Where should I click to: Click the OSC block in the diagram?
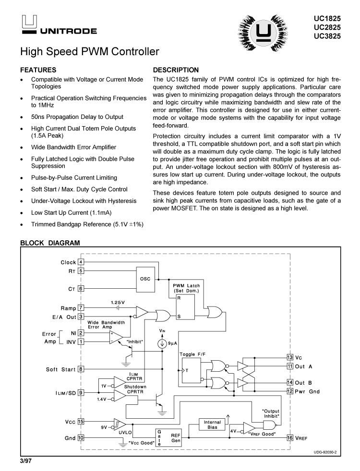145,279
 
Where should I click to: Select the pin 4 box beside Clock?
81,262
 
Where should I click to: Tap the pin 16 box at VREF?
289,438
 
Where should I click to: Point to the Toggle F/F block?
190,370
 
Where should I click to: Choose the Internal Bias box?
212,424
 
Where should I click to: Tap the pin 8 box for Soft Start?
81,369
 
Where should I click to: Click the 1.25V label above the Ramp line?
118,303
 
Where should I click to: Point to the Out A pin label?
303,366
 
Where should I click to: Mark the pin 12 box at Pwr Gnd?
289,391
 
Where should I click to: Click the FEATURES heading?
38,70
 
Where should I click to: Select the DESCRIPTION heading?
175,70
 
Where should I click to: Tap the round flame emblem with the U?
263,32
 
